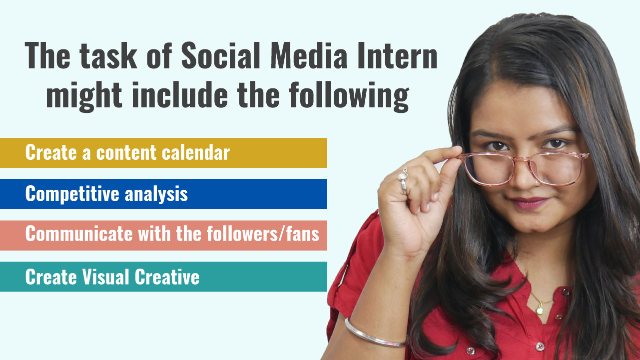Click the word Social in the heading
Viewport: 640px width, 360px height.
[220, 55]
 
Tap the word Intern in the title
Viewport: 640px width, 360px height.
[397, 55]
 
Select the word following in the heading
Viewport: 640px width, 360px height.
[349, 96]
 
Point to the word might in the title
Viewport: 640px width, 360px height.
[84, 96]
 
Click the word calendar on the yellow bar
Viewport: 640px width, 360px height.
[196, 152]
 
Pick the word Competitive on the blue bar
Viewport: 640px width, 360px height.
[72, 194]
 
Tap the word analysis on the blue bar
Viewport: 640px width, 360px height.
[156, 194]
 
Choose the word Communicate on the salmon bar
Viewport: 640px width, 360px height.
[79, 234]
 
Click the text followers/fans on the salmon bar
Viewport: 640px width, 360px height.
[263, 234]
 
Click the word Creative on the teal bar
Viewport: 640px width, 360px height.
[167, 277]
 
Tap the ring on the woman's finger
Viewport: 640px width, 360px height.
[403, 180]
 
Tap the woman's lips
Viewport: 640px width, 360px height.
[529, 203]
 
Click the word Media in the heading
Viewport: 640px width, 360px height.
[309, 55]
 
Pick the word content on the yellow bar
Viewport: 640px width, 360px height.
[126, 153]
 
